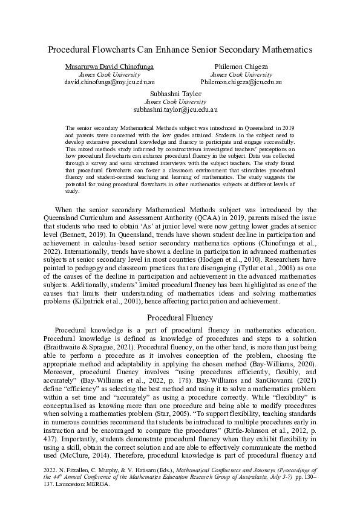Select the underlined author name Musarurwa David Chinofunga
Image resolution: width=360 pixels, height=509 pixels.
tap(110, 65)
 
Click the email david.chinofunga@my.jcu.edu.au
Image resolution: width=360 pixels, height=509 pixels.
tap(110, 82)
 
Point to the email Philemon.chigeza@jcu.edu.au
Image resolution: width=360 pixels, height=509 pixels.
tap(241, 82)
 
